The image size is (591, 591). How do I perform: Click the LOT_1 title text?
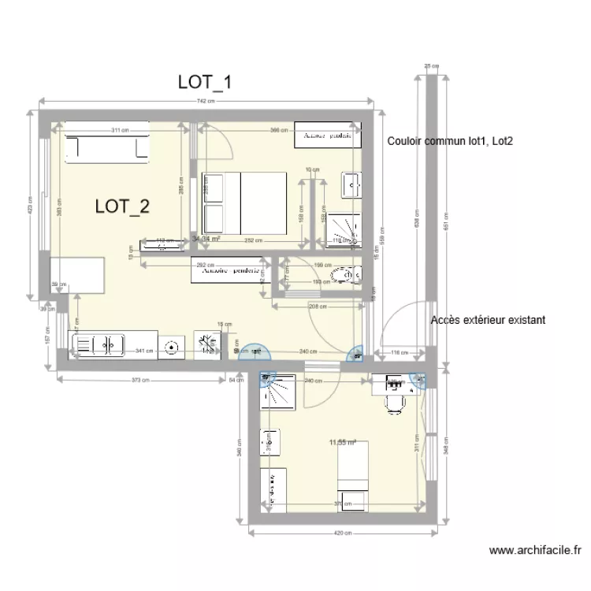(204, 82)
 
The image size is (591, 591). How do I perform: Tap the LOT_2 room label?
(122, 206)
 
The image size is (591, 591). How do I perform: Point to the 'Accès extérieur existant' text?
(489, 321)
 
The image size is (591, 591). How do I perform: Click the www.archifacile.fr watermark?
(535, 551)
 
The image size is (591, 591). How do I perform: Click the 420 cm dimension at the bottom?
(343, 533)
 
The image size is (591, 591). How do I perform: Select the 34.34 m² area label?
(206, 237)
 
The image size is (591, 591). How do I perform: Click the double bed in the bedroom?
(243, 203)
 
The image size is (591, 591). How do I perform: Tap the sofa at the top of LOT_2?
(107, 147)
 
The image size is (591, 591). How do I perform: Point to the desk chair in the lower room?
(395, 403)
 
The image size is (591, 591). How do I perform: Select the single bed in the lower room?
(352, 477)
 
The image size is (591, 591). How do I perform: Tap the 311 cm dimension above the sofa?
(119, 130)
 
